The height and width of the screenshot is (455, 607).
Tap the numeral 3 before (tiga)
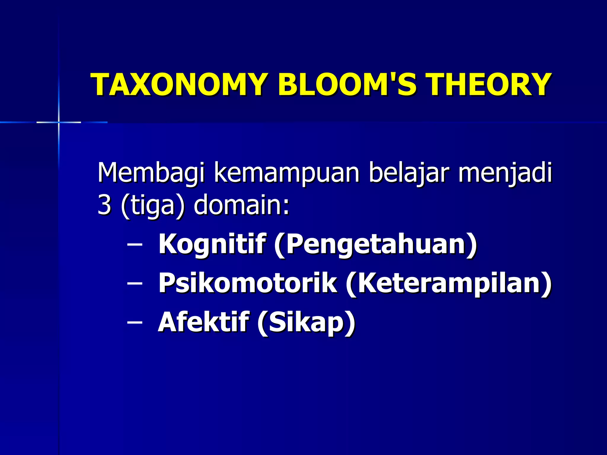tap(104, 205)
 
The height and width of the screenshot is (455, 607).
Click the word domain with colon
tap(241, 205)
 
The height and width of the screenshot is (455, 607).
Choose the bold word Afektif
tap(203, 322)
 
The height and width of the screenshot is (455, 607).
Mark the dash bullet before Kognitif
tap(134, 245)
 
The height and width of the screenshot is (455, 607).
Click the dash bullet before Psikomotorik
tap(134, 283)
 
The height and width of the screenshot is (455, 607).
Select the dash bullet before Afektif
tap(134, 323)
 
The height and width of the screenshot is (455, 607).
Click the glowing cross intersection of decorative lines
tap(59, 122)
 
